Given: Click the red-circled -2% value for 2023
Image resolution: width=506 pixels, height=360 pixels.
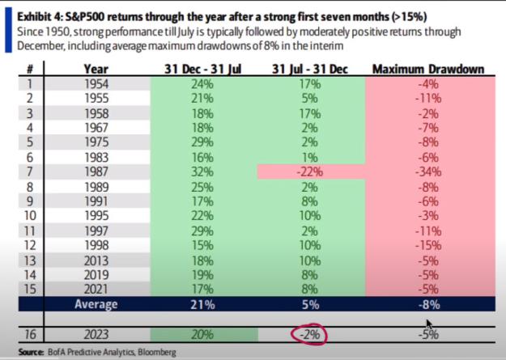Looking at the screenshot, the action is [x=310, y=334].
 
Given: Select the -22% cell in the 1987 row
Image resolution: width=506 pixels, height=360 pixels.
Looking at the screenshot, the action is [x=310, y=172].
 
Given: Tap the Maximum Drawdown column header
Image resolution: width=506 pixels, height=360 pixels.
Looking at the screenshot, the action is [x=428, y=69].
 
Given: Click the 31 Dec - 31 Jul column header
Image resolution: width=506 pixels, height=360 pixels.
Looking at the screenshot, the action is [x=202, y=69].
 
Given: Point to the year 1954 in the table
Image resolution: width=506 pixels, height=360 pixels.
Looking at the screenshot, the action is [x=96, y=84].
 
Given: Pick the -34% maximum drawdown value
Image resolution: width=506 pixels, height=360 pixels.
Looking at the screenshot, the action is [x=428, y=172].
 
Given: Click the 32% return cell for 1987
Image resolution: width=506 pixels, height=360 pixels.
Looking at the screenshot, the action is [x=202, y=172].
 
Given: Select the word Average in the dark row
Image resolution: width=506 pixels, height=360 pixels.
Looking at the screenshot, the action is [x=96, y=304].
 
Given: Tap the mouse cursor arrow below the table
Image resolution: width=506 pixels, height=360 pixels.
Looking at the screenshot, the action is [x=429, y=324].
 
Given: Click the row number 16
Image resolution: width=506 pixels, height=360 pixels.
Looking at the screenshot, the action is [x=30, y=334].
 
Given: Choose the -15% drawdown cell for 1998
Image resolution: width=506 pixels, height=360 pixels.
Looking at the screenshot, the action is [x=428, y=245].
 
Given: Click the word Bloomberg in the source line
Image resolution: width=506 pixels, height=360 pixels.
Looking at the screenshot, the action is [x=157, y=352].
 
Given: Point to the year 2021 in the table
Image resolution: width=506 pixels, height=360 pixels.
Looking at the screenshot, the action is [x=96, y=289].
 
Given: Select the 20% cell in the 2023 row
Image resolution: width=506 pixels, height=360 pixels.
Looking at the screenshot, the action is [x=202, y=334].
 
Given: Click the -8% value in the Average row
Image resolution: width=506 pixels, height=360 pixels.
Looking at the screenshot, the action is [x=428, y=304].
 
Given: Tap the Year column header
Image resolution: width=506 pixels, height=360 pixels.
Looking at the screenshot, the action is [x=96, y=69].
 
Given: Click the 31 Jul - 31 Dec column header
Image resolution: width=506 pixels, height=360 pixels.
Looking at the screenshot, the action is [x=310, y=69].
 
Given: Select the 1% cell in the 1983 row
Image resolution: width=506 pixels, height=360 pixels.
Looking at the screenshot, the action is [x=310, y=158].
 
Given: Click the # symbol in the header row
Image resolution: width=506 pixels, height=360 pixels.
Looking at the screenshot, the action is [x=30, y=70].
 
